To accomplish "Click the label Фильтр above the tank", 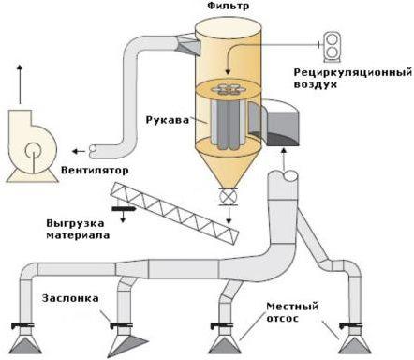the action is click(229, 6).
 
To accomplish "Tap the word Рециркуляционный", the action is click(353, 73).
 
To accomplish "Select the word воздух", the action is click(316, 84).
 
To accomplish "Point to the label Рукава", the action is click(168, 120).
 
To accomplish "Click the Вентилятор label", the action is click(95, 171).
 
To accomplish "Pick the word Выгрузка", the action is click(75, 224).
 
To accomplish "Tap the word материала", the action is click(78, 235).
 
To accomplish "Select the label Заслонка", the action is click(70, 298).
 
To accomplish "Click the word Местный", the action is click(292, 307).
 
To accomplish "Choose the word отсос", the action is click(283, 318).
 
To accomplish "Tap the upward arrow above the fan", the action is click(20, 84).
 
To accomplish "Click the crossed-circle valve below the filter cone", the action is click(228, 197).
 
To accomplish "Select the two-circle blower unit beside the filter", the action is click(332, 46).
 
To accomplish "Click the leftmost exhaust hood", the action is click(26, 341).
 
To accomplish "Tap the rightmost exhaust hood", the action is click(354, 341).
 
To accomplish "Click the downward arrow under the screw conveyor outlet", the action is click(123, 216).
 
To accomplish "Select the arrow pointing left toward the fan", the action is click(79, 152).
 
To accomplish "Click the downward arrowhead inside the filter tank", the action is click(228, 71).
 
